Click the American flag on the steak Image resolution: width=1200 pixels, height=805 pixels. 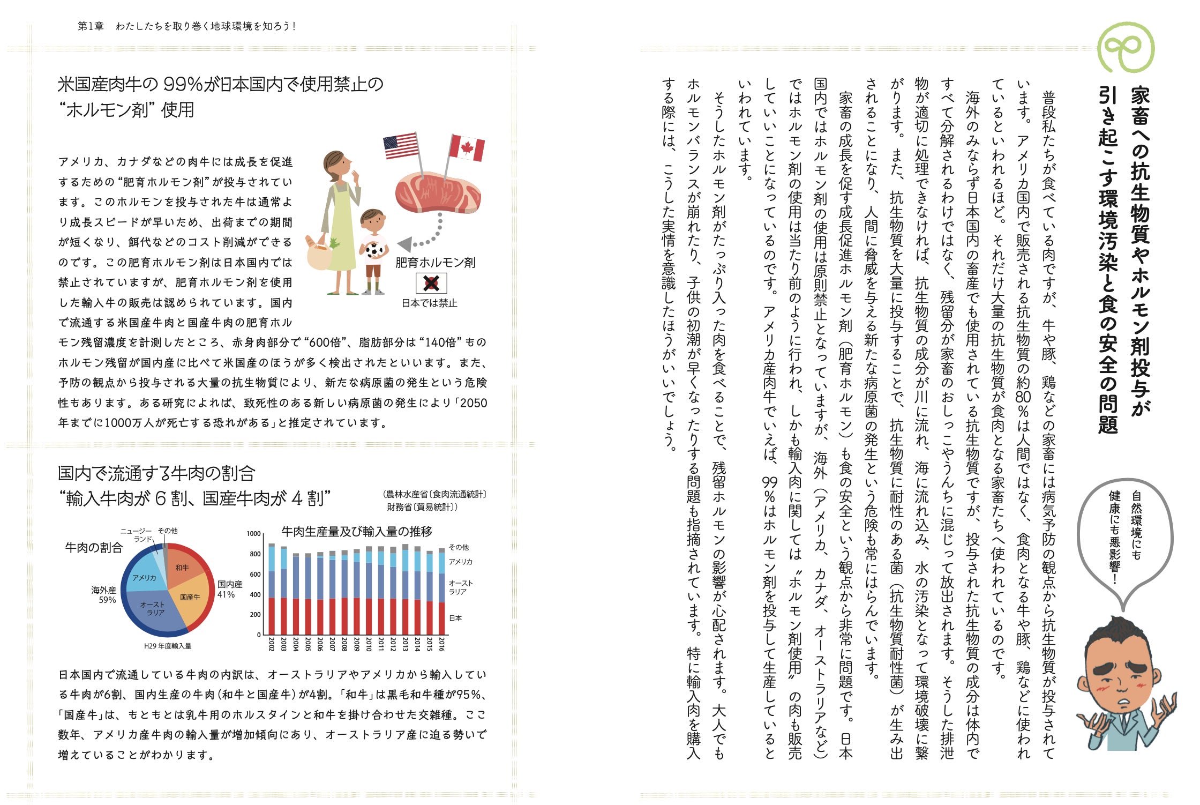pos(401,146)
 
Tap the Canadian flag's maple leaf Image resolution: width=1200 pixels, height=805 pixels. pos(467,147)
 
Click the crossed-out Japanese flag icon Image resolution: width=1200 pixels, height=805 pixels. pos(431,284)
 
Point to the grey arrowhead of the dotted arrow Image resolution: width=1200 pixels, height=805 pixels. pos(406,244)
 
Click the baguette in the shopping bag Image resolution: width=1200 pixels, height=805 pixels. pos(312,244)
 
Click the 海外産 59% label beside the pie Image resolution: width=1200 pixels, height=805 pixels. pos(104,595)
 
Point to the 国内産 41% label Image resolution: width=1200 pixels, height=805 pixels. pos(230,589)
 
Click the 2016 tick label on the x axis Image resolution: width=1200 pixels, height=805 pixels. pos(441,644)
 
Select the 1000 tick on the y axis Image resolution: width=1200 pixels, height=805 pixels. pos(253,534)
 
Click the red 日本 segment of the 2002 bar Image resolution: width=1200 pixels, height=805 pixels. pos(272,616)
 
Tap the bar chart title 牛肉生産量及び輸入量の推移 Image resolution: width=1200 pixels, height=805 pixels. pos(357,532)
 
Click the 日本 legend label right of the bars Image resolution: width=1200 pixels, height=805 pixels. pos(455,618)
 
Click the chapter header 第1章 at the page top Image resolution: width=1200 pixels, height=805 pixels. pos(91,26)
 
